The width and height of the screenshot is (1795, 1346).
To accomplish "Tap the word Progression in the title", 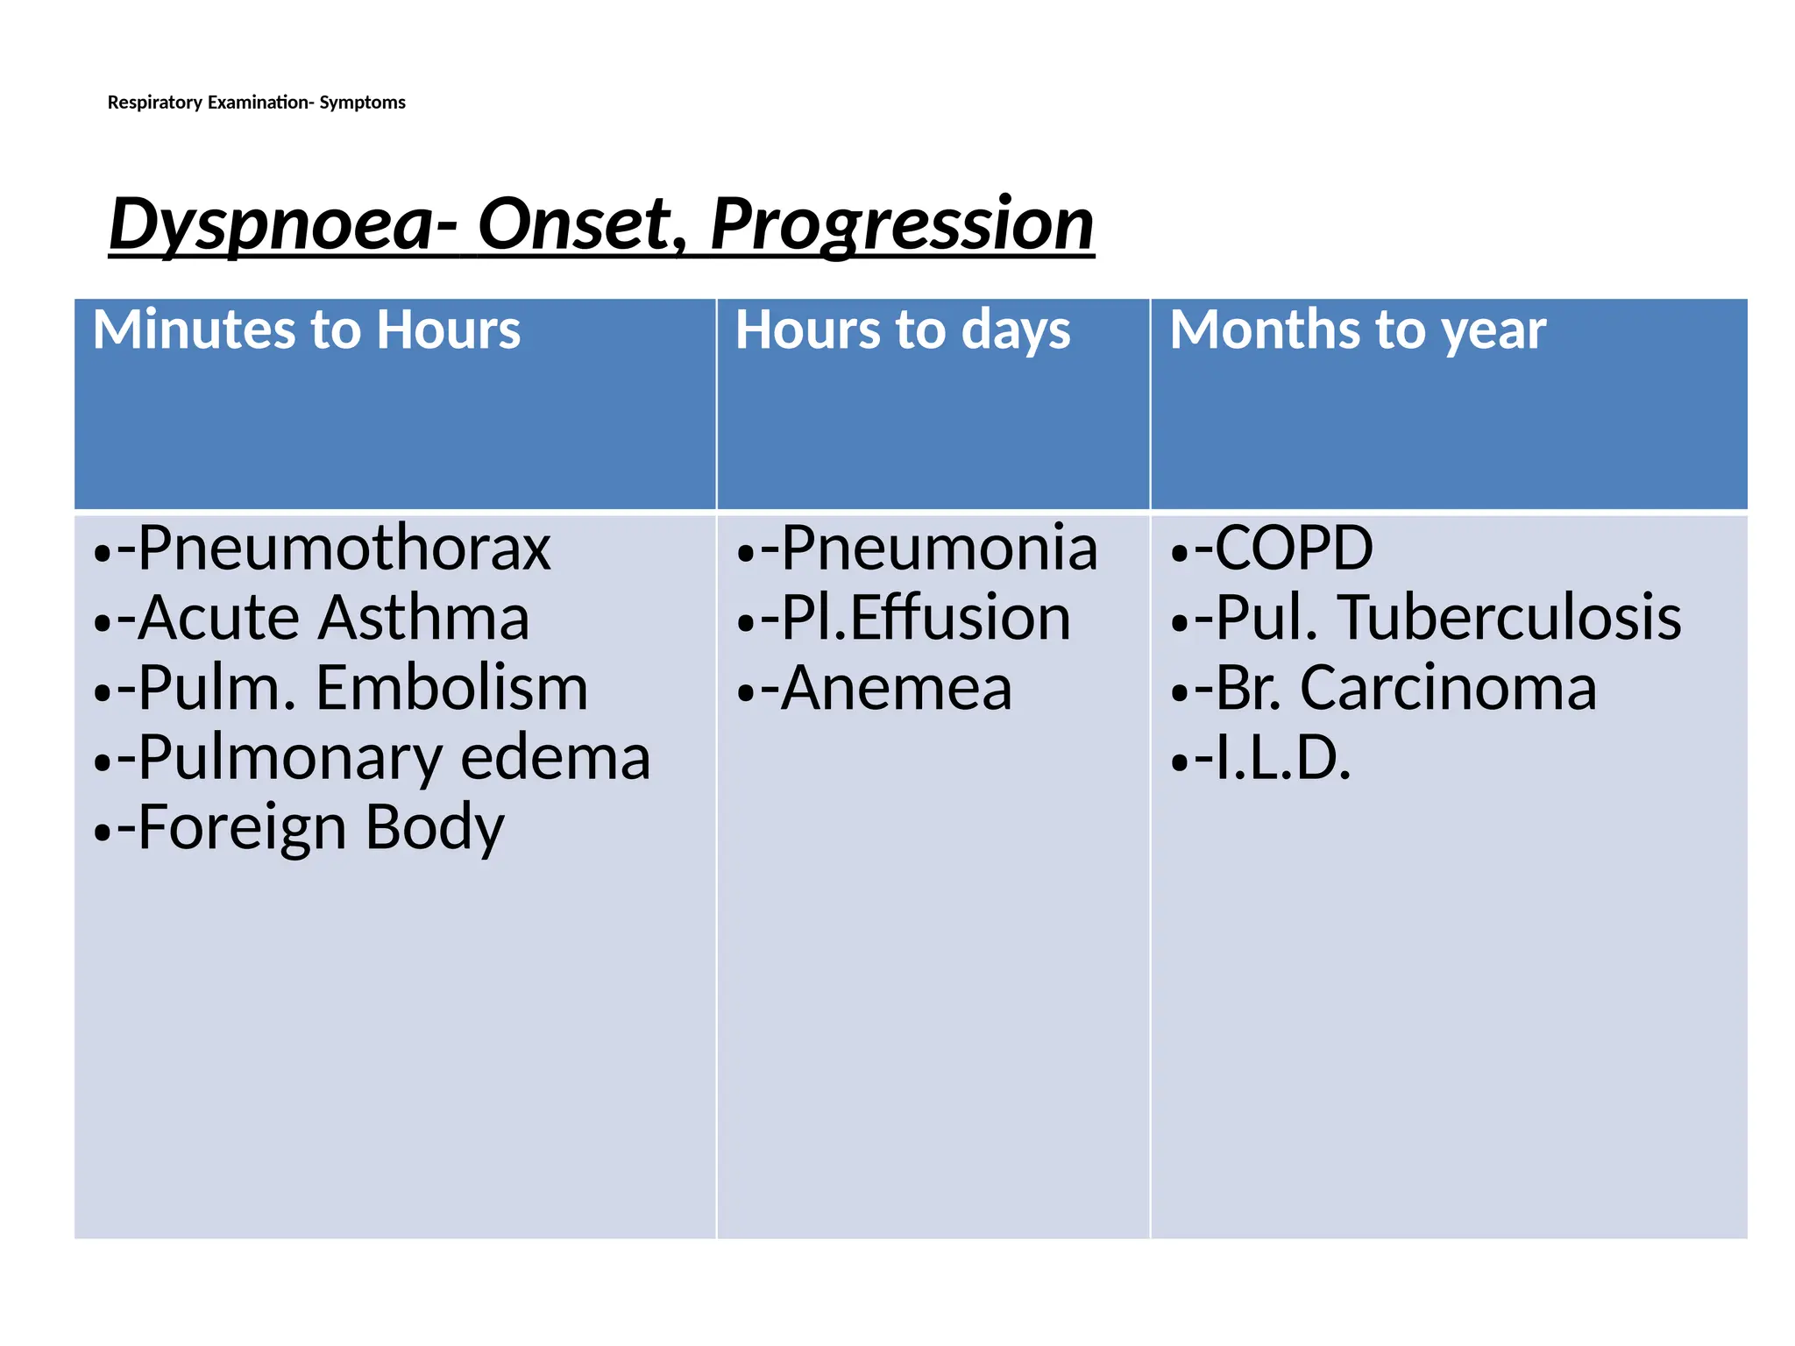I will coord(902,224).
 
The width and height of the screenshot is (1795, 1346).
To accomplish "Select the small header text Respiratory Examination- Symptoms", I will coord(256,103).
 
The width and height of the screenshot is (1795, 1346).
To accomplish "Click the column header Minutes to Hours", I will coord(307,330).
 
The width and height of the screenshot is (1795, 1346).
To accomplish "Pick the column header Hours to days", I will coord(903,330).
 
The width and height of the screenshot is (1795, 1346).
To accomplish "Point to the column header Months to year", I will coord(1358,330).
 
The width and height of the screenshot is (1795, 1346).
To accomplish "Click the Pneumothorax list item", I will coord(344,549).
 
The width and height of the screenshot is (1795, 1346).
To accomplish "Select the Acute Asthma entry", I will coord(333,619).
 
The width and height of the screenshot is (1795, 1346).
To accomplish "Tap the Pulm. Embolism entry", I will coord(363,689).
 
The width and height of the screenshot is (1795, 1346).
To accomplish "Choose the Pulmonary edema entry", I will coord(394,759).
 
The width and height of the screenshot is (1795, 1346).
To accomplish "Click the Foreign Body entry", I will coord(321,828).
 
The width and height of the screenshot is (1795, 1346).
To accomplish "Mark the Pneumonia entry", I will coord(939,549).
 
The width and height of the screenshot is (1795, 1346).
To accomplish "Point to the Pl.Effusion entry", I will coord(926,619).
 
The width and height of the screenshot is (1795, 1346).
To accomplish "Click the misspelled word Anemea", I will coord(896,689).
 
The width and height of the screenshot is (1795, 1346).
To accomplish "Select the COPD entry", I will coord(1294,549).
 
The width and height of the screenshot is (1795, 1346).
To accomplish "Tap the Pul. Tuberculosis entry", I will coord(1448,619).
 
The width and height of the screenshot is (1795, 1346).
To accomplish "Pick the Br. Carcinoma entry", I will coord(1406,689).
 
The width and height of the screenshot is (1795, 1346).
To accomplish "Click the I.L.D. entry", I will coord(1283,759).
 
